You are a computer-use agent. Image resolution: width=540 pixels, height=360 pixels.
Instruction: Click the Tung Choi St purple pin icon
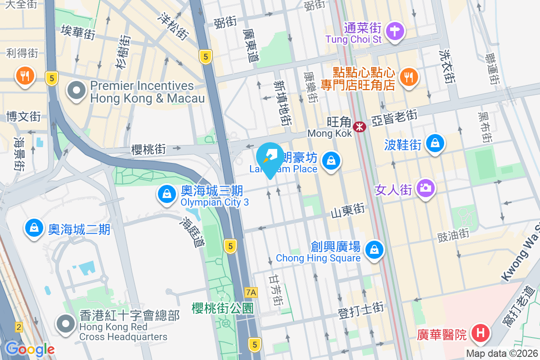[395, 31]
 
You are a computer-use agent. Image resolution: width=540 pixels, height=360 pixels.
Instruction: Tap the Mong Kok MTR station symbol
[360, 127]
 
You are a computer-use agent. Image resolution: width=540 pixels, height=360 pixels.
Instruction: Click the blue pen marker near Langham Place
[270, 158]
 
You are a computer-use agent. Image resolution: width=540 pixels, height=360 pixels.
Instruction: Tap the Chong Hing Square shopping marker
[374, 249]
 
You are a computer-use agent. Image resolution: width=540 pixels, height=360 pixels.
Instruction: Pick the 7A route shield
[251, 292]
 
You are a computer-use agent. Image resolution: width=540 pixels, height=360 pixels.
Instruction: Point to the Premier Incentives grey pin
[76, 90]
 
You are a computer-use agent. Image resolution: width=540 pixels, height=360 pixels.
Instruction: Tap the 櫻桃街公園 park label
[222, 308]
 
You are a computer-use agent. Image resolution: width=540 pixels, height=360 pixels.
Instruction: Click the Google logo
[30, 349]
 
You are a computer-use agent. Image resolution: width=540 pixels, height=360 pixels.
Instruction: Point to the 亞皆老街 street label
[394, 118]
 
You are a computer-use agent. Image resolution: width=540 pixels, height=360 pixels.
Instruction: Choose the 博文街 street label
[23, 117]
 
